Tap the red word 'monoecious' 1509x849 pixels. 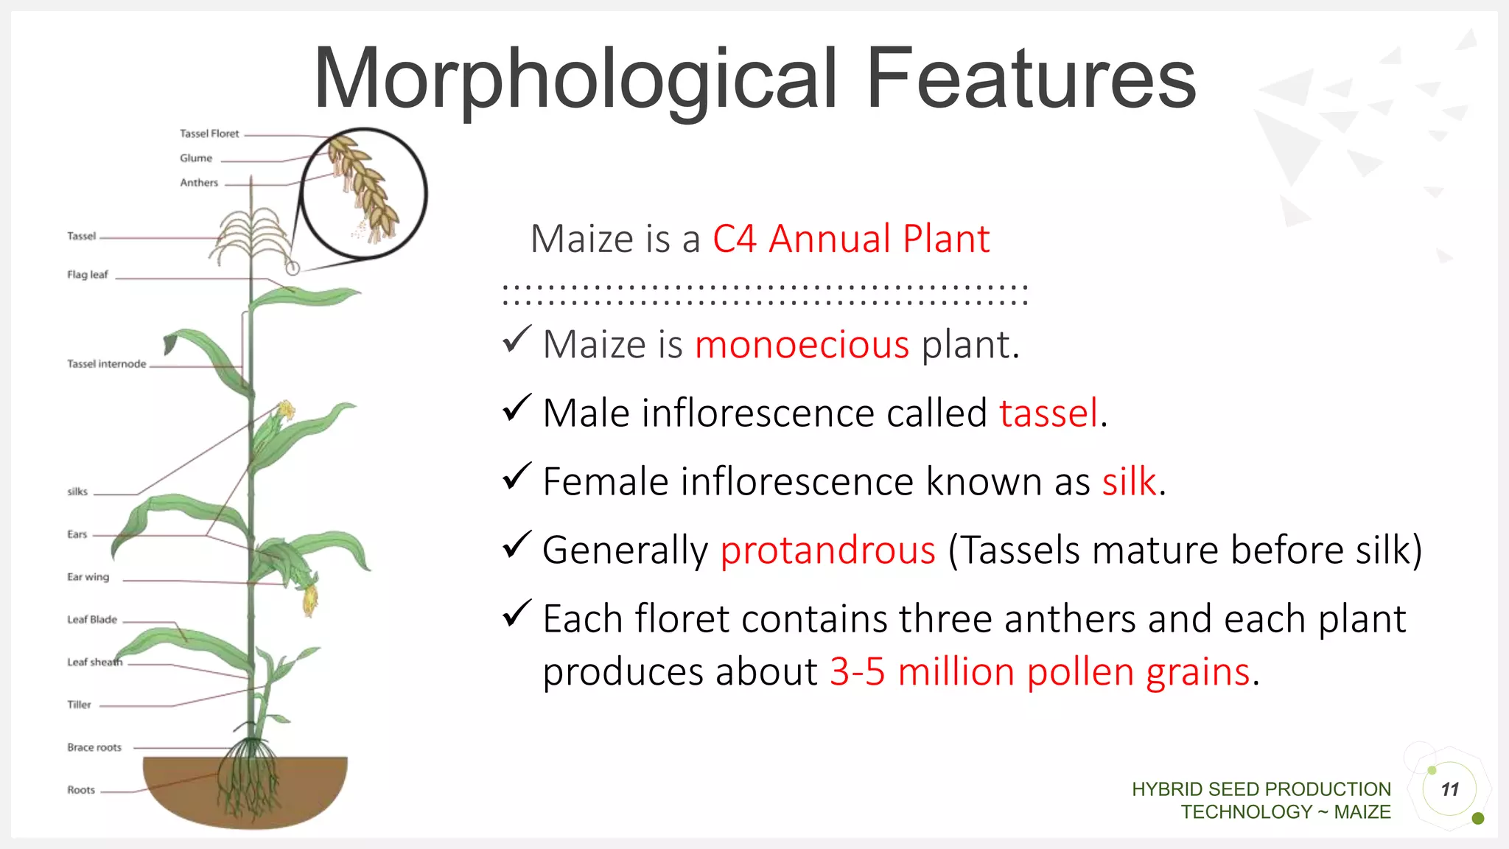[802, 345]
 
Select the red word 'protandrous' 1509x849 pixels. [827, 551]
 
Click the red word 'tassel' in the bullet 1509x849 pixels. [1048, 413]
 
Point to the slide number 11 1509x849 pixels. [1449, 789]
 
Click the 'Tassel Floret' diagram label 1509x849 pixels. [209, 133]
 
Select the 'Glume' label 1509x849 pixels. [196, 158]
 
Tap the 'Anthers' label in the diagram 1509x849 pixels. [199, 182]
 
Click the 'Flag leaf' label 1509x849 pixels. [87, 274]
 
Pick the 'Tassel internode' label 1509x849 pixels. [106, 363]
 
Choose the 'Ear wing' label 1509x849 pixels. [88, 576]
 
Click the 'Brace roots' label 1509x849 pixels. [94, 747]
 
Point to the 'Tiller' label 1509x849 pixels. [79, 704]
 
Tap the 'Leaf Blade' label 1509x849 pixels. [92, 619]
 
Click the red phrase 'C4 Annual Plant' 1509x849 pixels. [850, 239]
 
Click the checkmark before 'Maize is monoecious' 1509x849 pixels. [517, 339]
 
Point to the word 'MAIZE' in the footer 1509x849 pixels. [1362, 811]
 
